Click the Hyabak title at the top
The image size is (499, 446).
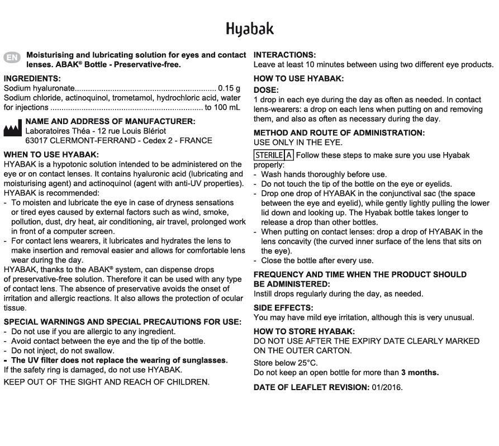click(250, 29)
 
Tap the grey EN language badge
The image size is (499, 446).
click(12, 58)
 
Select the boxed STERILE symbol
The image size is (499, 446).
click(269, 155)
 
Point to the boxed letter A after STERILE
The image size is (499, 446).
click(289, 155)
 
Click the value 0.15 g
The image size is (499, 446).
click(229, 88)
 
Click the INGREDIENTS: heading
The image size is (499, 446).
click(32, 79)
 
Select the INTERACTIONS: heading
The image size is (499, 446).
click(284, 55)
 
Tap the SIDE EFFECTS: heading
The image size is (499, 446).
click(283, 308)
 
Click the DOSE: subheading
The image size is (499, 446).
click(266, 90)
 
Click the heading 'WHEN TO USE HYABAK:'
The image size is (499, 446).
click(51, 154)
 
